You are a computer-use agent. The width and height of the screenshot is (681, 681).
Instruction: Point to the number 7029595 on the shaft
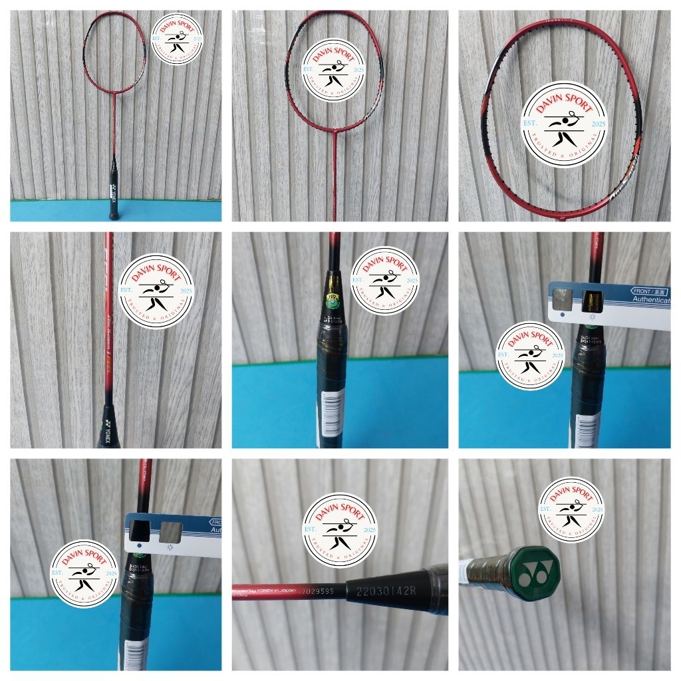click(x=323, y=589)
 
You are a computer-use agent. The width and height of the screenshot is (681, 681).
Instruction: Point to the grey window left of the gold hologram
click(x=563, y=297)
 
